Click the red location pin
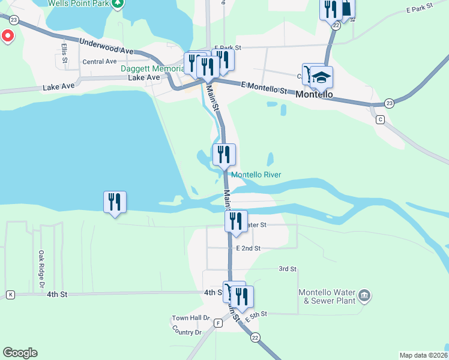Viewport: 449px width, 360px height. [8, 36]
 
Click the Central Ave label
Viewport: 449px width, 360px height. [99, 61]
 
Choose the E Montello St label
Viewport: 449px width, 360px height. [265, 88]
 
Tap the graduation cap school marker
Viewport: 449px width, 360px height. [322, 77]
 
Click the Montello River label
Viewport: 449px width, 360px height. [256, 175]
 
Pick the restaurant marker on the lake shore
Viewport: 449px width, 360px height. [114, 202]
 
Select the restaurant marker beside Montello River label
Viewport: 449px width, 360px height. [224, 154]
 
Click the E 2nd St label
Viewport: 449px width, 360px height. [248, 248]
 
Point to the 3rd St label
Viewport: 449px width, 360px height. [288, 269]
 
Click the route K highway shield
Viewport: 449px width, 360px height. [10, 295]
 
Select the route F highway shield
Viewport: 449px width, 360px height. [218, 323]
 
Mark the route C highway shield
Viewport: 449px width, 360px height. [379, 119]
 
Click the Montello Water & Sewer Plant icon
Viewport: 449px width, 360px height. [364, 295]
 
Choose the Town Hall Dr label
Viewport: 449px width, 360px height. [190, 318]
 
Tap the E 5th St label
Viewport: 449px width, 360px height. [255, 314]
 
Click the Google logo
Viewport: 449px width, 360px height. [20, 353]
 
